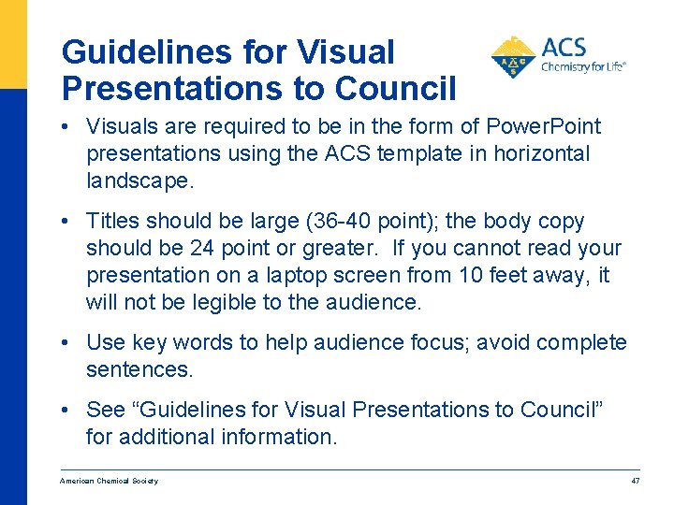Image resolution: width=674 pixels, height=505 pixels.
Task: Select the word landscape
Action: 139,180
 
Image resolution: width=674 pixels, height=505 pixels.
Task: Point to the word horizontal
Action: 536,153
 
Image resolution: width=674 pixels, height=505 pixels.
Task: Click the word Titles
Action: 111,222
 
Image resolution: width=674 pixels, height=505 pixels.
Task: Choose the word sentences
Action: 139,369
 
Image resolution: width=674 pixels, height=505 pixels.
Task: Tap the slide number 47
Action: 636,481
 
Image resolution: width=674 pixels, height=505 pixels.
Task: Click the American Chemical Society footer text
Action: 109,481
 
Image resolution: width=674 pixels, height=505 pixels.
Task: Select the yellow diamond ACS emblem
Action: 513,58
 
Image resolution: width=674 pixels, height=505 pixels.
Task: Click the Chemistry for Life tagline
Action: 583,67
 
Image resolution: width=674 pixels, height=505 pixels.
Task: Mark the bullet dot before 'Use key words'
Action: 71,343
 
